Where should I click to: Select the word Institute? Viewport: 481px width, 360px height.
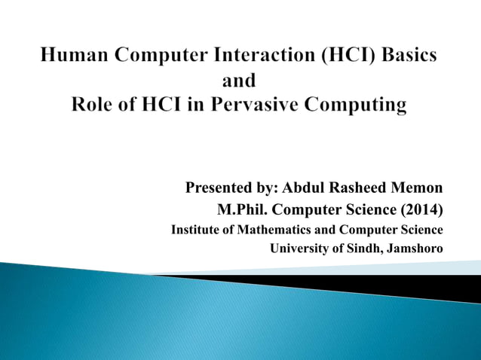click(198, 229)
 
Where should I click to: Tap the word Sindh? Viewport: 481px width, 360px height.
click(363, 249)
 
